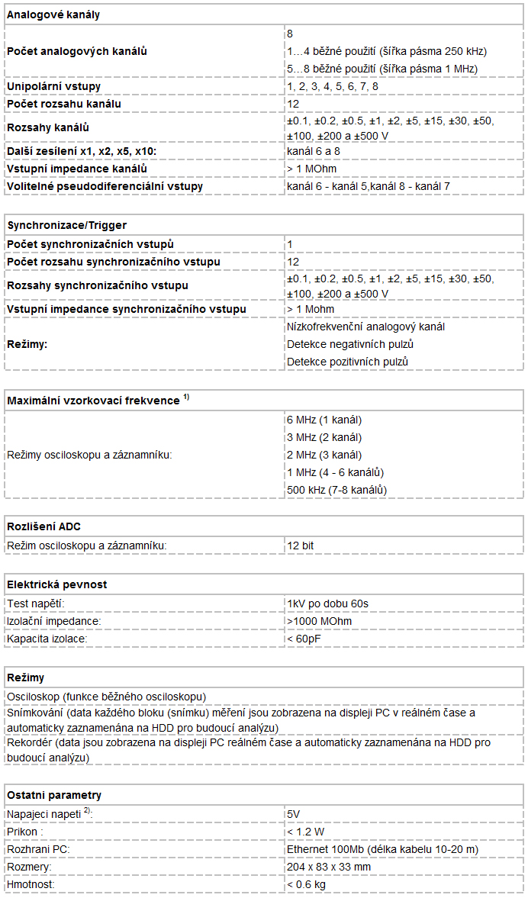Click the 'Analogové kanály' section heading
pyautogui.click(x=53, y=14)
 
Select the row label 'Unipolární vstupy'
pyautogui.click(x=53, y=86)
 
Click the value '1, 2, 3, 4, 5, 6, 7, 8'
pyautogui.click(x=332, y=86)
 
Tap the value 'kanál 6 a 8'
pyautogui.click(x=313, y=151)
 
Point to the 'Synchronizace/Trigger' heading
pyautogui.click(x=67, y=225)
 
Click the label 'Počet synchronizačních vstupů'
pyautogui.click(x=90, y=244)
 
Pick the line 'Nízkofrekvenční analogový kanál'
pyautogui.click(x=365, y=327)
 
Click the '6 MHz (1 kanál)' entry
pyautogui.click(x=324, y=420)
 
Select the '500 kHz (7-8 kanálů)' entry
pyautogui.click(x=336, y=490)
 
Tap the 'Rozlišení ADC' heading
pyautogui.click(x=43, y=526)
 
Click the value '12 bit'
pyautogui.click(x=300, y=546)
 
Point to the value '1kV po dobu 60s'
pyautogui.click(x=327, y=603)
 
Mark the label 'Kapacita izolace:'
pyautogui.click(x=47, y=638)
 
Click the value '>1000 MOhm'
pyautogui.click(x=319, y=621)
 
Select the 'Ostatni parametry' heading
pyautogui.click(x=53, y=795)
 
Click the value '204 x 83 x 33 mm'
pyautogui.click(x=329, y=867)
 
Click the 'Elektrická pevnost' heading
pyautogui.click(x=56, y=584)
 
